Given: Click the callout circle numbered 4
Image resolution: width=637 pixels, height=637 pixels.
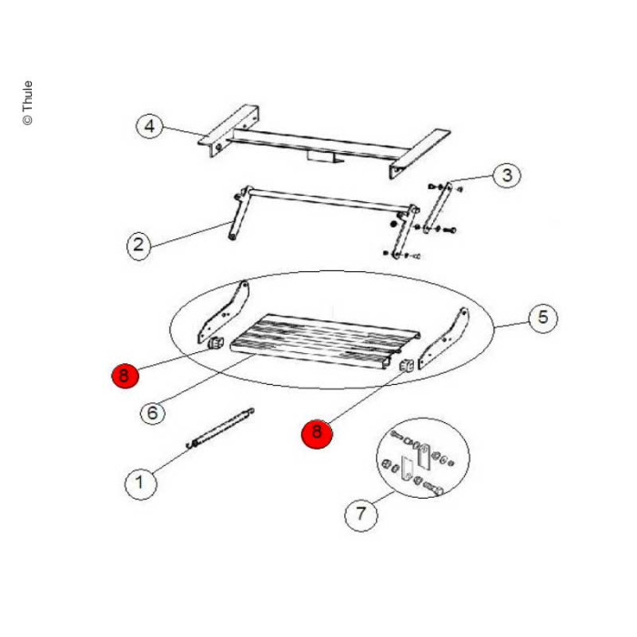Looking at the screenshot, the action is tap(149, 126).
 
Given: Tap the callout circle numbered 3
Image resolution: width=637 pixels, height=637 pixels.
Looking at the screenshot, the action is tap(507, 175).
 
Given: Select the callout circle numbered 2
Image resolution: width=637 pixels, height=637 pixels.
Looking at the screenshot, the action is tap(138, 246).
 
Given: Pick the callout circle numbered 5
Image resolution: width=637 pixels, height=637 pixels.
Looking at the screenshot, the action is tap(543, 318).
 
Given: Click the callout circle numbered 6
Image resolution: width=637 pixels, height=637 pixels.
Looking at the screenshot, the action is tap(152, 413).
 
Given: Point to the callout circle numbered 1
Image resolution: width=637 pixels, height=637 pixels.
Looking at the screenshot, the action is tap(140, 483).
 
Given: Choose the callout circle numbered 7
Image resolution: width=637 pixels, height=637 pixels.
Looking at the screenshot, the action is tap(360, 514).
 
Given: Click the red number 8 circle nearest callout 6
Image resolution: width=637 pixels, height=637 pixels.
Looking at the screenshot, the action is tap(126, 376).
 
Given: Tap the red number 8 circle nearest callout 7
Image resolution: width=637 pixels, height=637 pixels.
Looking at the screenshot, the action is tap(317, 433).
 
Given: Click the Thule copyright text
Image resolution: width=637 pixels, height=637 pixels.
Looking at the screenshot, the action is tap(27, 103).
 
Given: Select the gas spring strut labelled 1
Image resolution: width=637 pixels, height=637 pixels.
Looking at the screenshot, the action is tap(220, 429).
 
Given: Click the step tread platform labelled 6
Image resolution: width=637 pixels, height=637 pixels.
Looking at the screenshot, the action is tap(325, 340).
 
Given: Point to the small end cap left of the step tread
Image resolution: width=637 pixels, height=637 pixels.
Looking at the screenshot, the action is tap(216, 344).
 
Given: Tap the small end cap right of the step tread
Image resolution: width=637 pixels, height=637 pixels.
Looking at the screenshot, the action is tap(407, 366).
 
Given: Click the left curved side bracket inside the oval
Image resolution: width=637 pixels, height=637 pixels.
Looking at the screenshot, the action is tap(223, 312).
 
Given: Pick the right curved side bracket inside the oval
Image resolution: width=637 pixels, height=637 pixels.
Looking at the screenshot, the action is tap(443, 339).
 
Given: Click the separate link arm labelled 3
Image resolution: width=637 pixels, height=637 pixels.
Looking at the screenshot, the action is tap(437, 208).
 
